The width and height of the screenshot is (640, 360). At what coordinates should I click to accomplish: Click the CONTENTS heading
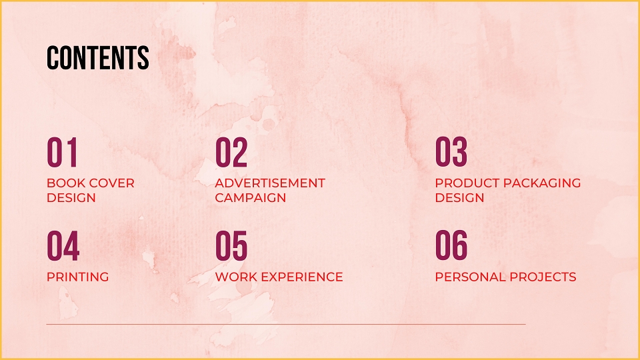coord(97,57)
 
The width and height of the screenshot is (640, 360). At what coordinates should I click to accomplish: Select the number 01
coord(62,152)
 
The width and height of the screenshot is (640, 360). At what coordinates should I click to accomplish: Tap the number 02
coord(231,152)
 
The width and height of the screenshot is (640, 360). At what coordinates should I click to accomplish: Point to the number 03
coord(451,152)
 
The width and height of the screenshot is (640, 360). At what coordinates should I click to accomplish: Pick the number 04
coord(63,246)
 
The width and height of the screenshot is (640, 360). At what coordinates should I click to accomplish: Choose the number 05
coord(231,246)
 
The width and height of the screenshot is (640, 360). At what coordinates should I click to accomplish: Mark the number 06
coord(451,245)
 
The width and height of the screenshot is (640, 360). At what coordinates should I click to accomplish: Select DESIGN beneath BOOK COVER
coord(71,198)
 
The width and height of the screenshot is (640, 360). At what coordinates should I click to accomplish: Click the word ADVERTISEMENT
coord(270,183)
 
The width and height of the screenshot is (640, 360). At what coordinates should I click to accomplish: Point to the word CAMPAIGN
coord(251,198)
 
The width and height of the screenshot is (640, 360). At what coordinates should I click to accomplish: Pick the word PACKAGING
coord(543,183)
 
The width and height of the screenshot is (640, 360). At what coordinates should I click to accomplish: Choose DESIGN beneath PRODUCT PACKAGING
coord(459,198)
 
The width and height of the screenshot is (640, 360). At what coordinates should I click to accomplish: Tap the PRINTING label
coord(78,277)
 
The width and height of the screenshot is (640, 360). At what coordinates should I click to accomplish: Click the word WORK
coord(236,277)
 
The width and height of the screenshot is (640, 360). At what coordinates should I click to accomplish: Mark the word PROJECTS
coord(543,277)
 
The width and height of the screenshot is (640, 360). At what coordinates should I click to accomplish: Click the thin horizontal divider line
coord(286,325)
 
